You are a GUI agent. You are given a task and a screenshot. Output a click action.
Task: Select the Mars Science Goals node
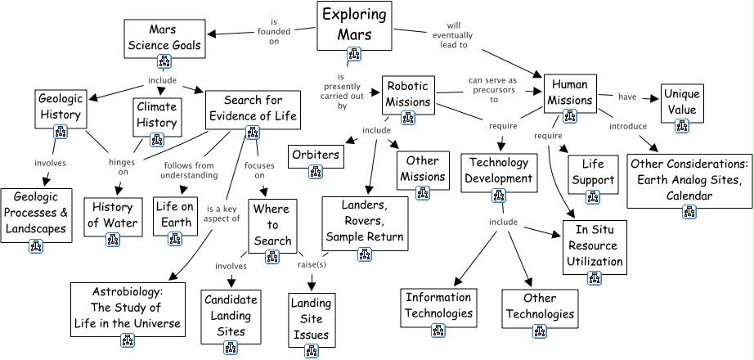(x=164, y=37)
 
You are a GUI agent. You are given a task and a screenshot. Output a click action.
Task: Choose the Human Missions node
(x=570, y=92)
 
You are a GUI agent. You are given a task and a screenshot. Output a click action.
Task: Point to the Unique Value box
(x=681, y=102)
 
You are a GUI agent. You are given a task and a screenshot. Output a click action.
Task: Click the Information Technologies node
(x=438, y=304)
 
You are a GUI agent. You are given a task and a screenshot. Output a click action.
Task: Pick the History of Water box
(x=113, y=216)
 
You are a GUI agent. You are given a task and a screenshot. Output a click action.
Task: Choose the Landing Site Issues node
(x=310, y=318)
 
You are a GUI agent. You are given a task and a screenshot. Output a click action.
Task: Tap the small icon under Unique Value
(x=681, y=125)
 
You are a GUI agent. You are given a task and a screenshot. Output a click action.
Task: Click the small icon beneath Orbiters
(x=316, y=171)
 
